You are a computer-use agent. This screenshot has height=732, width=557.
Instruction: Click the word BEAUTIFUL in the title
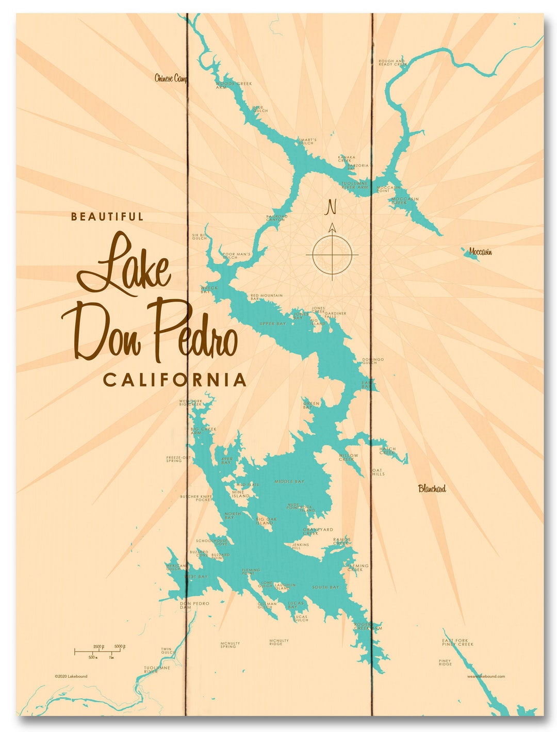[107, 217]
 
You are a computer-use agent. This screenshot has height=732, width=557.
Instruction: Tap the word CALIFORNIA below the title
[175, 380]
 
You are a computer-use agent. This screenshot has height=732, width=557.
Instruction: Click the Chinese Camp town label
[171, 78]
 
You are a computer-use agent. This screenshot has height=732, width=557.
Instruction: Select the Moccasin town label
[480, 252]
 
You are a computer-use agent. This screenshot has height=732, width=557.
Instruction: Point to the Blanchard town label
[432, 489]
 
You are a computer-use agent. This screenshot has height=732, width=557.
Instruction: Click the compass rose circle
[332, 254]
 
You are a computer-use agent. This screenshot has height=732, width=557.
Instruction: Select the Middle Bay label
[289, 481]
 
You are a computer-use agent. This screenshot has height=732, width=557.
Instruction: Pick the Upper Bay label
[273, 324]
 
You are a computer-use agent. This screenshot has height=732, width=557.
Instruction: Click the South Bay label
[325, 587]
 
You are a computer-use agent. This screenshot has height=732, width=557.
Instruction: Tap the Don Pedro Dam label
[194, 605]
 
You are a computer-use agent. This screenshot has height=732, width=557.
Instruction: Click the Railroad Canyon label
[276, 218]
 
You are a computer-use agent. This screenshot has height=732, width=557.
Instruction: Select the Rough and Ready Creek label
[392, 63]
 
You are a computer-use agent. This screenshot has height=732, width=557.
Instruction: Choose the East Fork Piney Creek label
[457, 642]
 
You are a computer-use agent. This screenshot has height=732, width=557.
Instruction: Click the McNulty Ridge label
[279, 642]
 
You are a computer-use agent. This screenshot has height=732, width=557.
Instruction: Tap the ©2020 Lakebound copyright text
[71, 676]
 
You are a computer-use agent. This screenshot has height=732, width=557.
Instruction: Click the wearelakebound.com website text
[486, 676]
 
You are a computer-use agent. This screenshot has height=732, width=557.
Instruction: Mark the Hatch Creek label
[387, 450]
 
